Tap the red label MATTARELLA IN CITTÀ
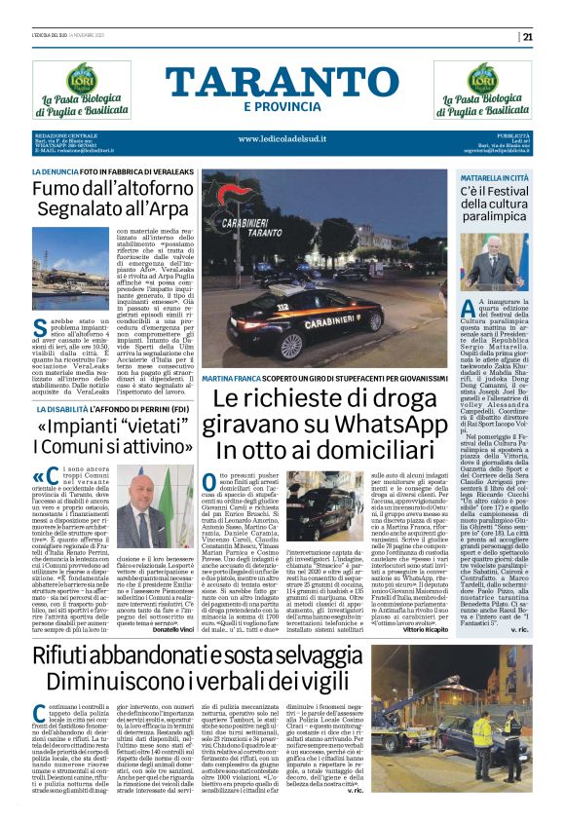tap(495, 179)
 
